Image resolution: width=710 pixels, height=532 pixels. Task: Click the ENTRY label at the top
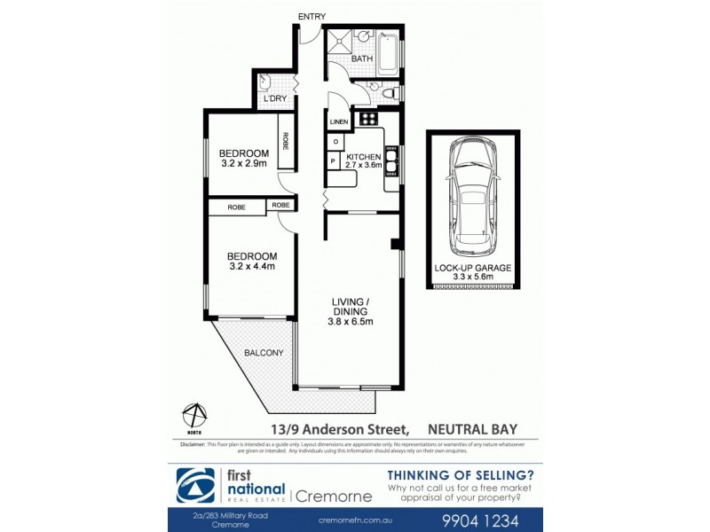(x=312, y=17)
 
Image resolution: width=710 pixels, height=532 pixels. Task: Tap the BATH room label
(x=361, y=59)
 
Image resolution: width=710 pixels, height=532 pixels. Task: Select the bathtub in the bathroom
(x=390, y=53)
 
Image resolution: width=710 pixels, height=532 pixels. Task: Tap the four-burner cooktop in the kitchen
(x=368, y=119)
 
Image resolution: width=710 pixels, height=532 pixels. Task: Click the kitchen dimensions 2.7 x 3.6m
(x=364, y=165)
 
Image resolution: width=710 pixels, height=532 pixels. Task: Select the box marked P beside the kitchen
(x=332, y=161)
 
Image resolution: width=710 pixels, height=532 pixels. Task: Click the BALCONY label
(x=264, y=353)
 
